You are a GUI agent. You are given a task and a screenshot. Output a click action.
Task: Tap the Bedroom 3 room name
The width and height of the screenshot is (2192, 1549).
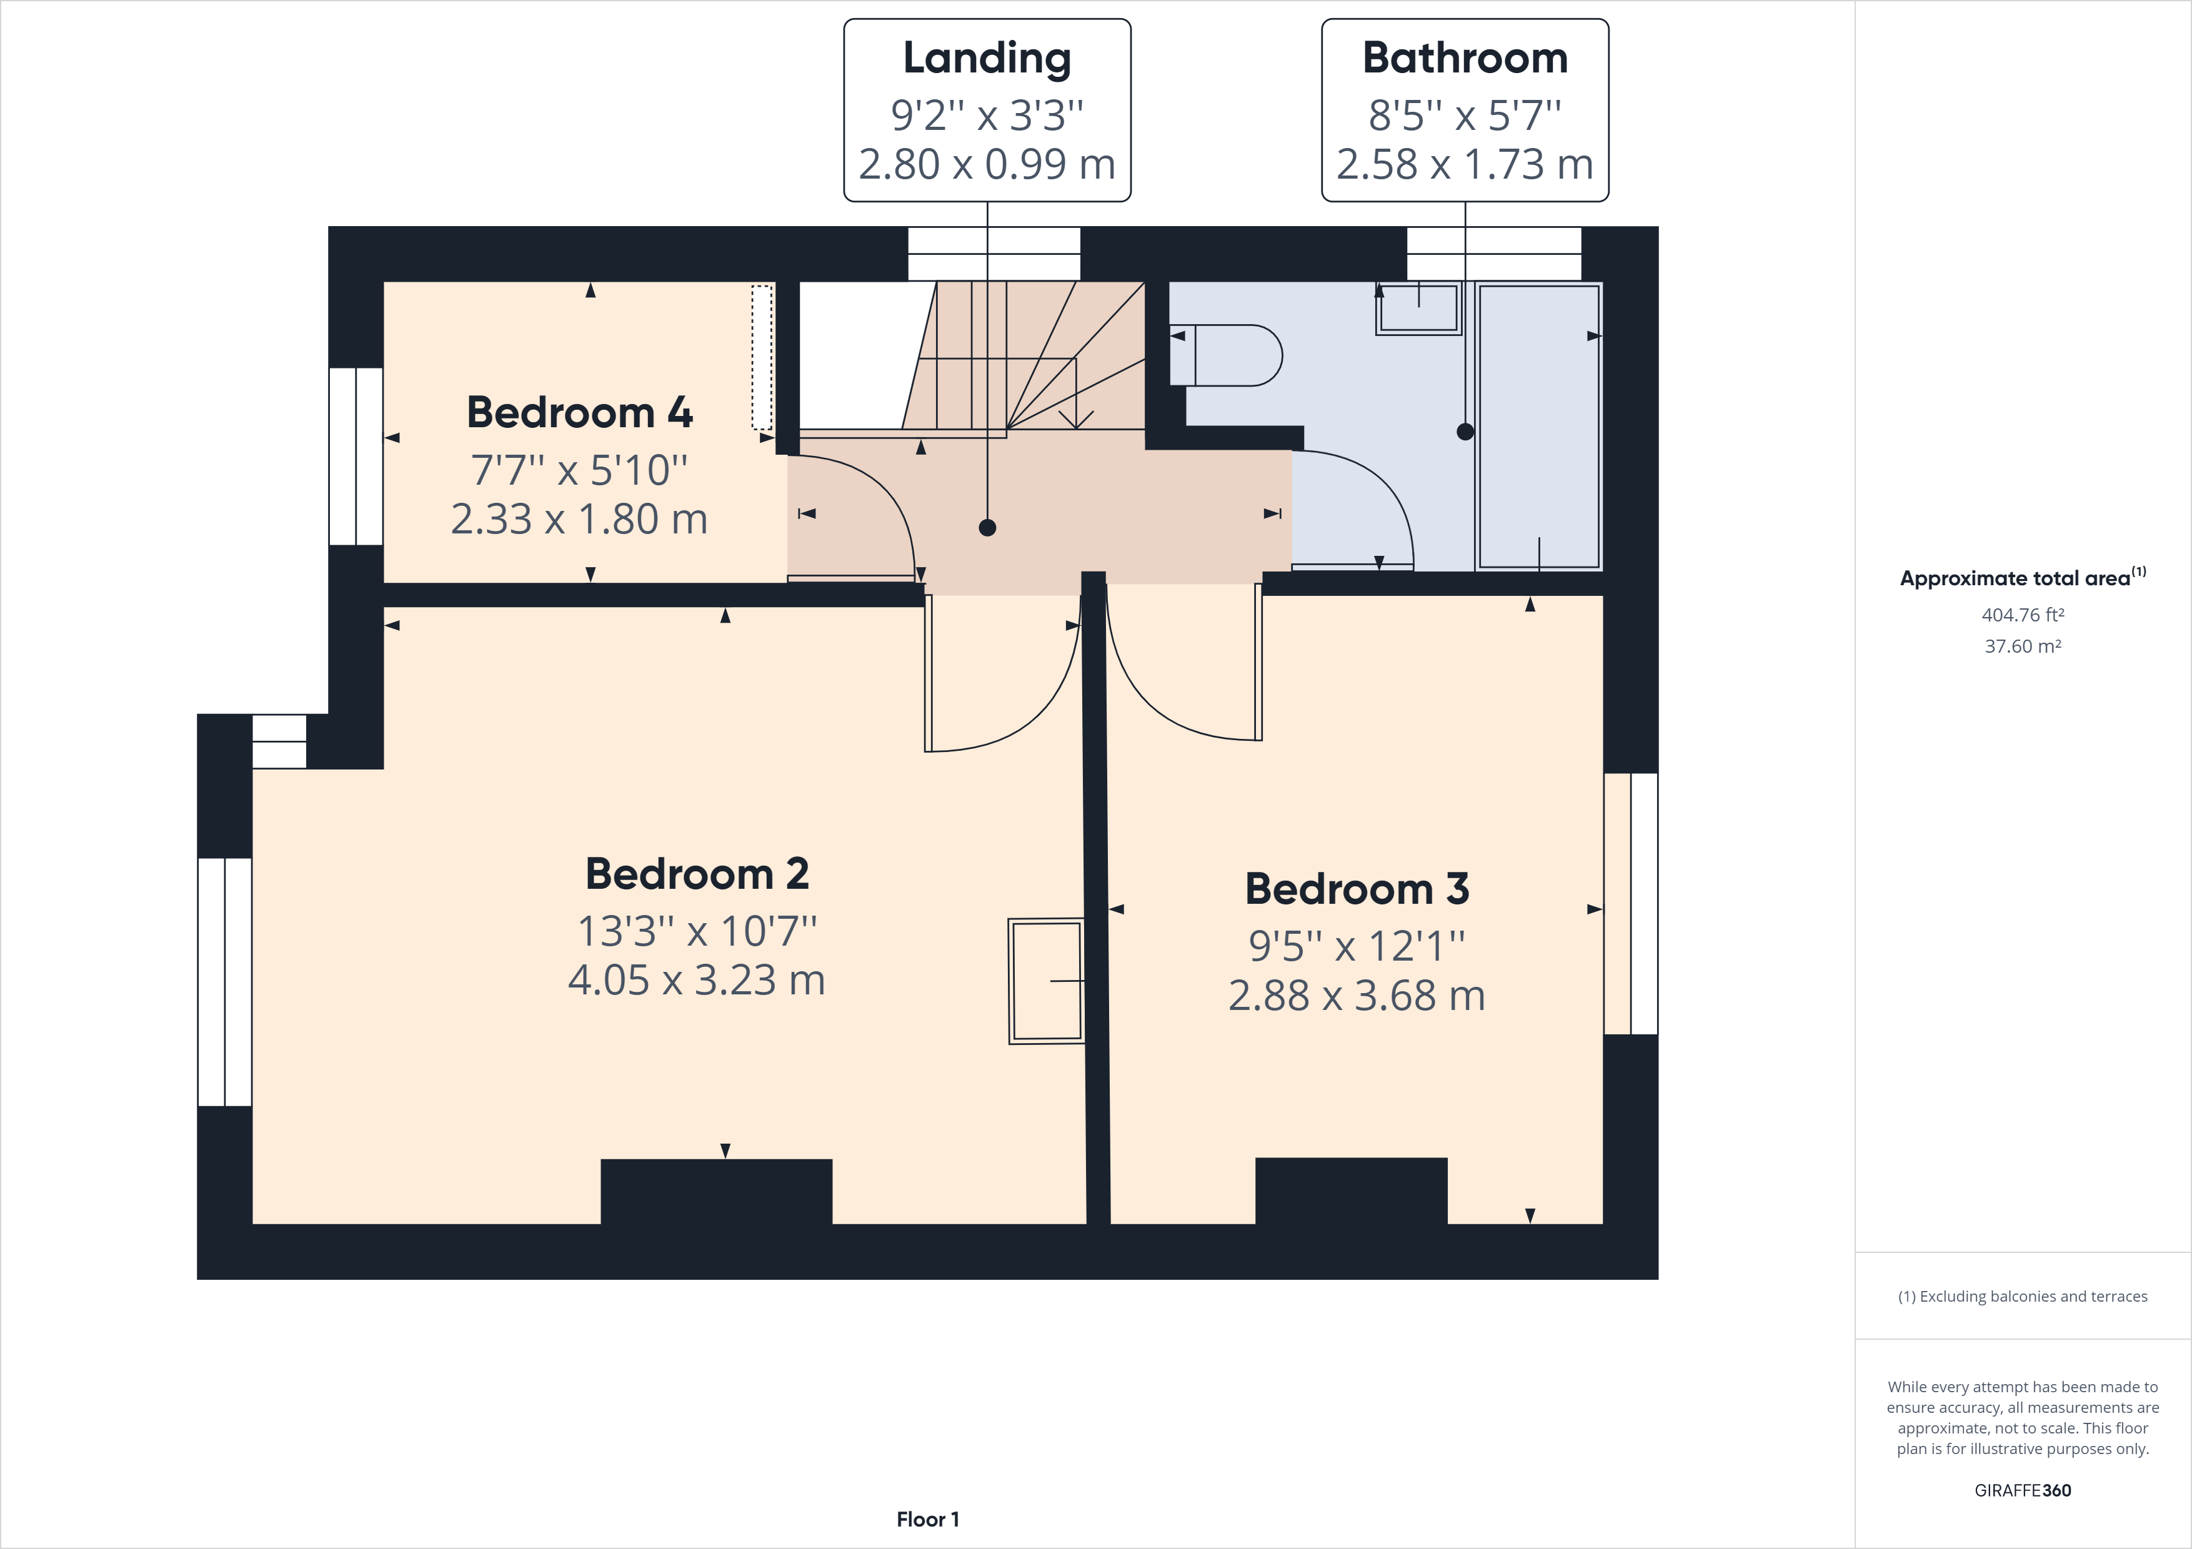[1357, 889]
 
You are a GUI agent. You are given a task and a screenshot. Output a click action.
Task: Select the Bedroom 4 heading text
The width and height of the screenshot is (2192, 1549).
[579, 412]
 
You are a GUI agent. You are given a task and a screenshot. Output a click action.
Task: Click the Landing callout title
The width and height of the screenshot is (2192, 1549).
[987, 58]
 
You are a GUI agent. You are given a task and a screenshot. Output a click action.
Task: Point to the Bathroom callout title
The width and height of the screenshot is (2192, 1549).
[1465, 58]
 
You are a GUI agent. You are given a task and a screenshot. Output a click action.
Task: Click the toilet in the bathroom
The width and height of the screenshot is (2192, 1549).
[1227, 355]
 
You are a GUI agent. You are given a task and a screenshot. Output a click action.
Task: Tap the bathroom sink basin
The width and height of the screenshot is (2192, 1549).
[1418, 307]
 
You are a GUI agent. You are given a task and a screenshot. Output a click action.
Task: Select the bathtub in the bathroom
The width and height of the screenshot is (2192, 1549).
[1538, 426]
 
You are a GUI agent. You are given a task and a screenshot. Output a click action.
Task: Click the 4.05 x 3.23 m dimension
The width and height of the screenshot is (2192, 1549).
[697, 980]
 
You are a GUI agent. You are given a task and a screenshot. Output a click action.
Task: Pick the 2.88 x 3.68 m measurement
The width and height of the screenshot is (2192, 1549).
[1357, 996]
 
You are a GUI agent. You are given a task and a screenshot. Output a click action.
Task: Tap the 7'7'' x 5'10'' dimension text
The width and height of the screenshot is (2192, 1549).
[579, 470]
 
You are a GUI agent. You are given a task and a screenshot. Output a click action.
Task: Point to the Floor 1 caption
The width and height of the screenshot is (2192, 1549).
[927, 1520]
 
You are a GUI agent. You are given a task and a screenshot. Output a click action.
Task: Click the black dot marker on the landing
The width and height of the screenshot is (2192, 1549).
[987, 528]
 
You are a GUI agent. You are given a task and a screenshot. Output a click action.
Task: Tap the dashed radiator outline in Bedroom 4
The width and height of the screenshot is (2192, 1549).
[761, 357]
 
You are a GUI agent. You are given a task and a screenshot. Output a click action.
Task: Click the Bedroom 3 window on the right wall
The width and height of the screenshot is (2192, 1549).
[1632, 904]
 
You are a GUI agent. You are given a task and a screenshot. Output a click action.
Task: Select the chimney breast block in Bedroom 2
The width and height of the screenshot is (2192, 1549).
[716, 1191]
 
